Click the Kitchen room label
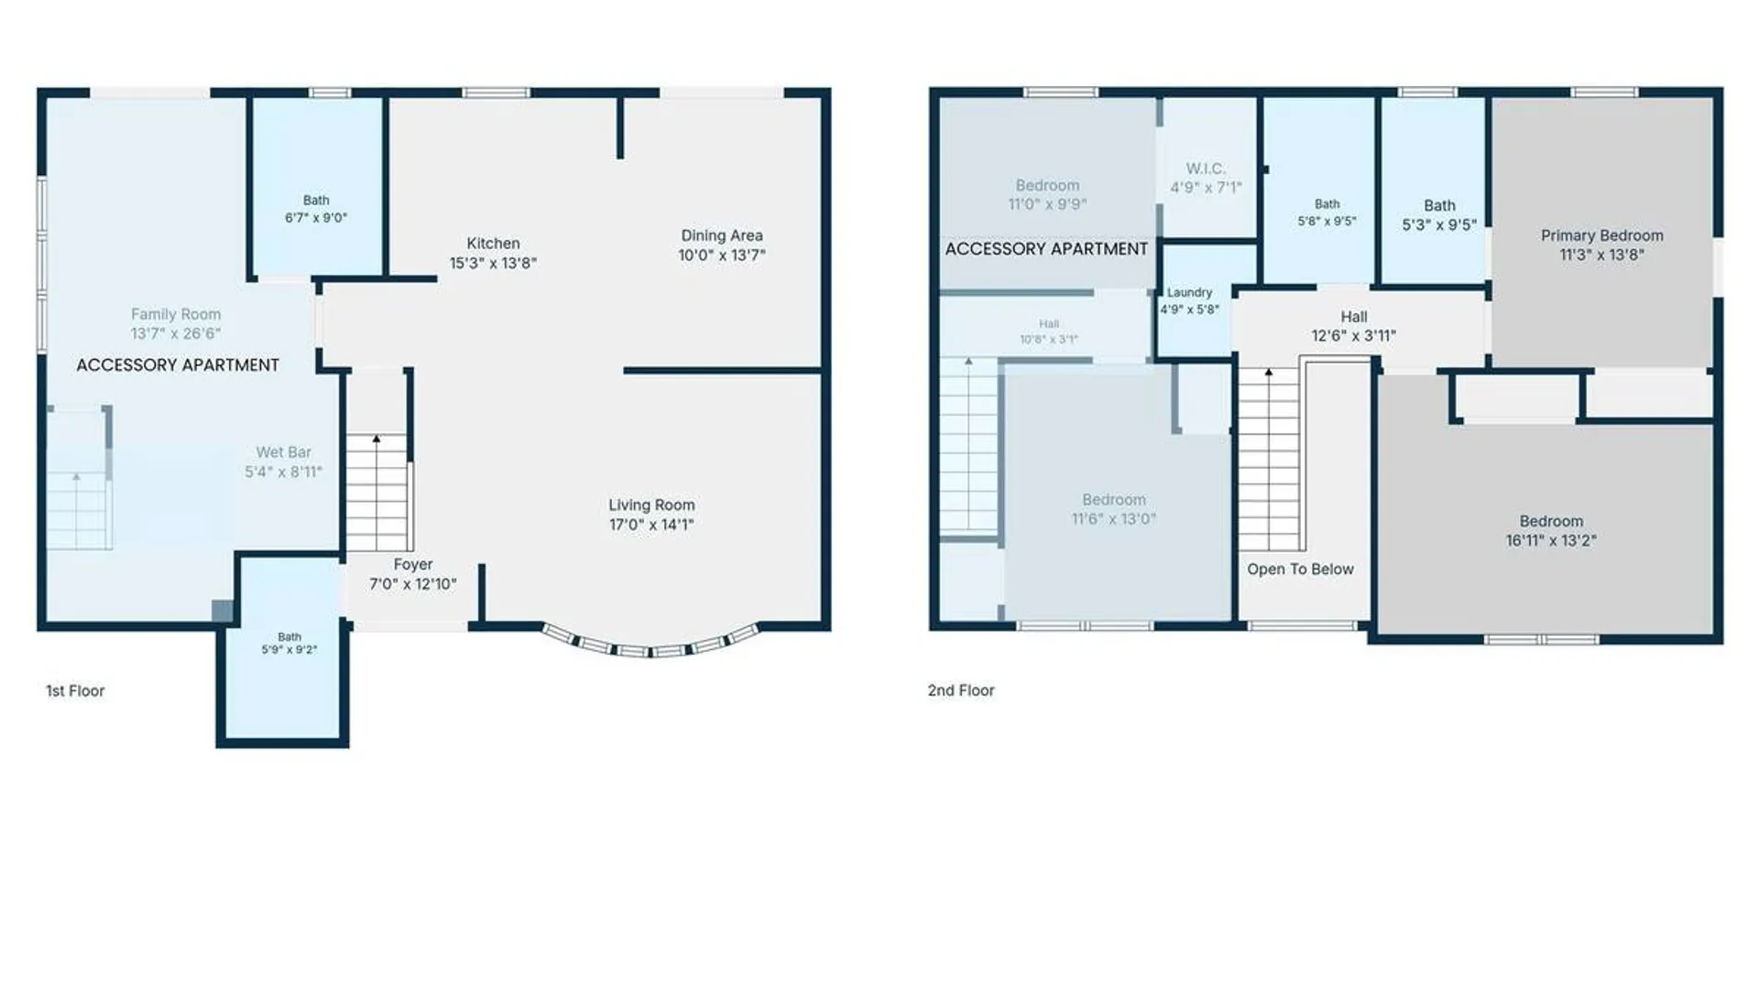[x=493, y=244]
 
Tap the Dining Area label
[x=722, y=235]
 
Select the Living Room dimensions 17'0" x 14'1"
[x=651, y=525]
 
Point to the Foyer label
[x=413, y=565]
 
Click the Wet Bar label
[x=283, y=452]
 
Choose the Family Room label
[x=176, y=314]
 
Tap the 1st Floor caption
[x=75, y=690]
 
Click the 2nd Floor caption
[x=961, y=690]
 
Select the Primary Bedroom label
[x=1602, y=235]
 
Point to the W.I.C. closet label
[x=1206, y=168]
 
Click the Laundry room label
[x=1190, y=292]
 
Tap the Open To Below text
[x=1300, y=569]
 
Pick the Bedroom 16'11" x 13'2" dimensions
[x=1551, y=541]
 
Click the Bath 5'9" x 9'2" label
[x=290, y=643]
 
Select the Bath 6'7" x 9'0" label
[x=316, y=209]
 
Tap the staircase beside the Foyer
[x=377, y=493]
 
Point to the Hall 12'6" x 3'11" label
[x=1354, y=326]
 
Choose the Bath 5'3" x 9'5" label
[x=1439, y=215]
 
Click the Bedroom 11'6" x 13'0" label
[x=1114, y=509]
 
